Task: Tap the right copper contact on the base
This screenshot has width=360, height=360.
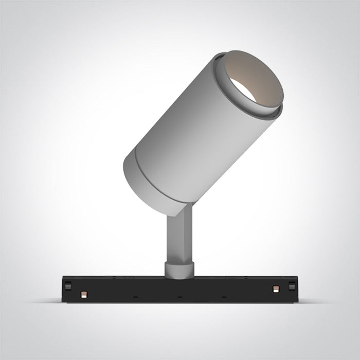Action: [276, 286]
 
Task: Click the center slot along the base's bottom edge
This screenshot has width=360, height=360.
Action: [179, 297]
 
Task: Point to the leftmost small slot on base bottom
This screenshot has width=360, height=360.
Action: [135, 297]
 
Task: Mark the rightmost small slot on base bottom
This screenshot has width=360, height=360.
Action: [224, 297]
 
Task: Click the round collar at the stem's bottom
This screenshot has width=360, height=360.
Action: [179, 269]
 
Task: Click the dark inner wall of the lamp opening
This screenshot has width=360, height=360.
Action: [257, 77]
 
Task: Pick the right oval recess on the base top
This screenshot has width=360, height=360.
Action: [232, 278]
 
